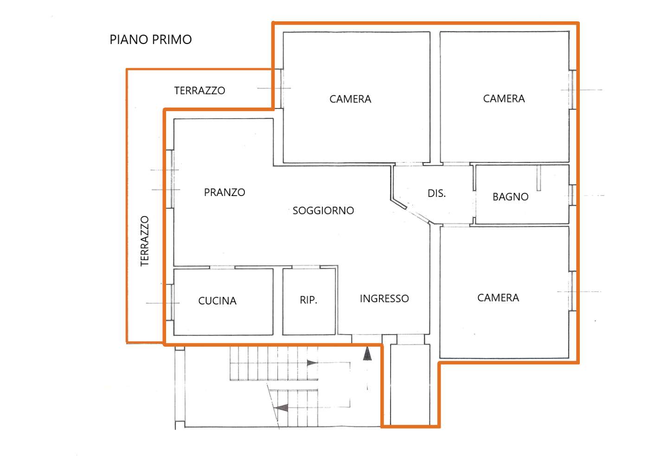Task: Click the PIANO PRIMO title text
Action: [151, 39]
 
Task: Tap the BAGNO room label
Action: [510, 197]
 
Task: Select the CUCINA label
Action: [217, 301]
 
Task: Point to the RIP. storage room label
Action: [308, 300]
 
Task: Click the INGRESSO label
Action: [384, 298]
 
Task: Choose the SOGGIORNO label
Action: [323, 210]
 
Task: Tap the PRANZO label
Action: [225, 192]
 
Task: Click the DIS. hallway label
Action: [437, 193]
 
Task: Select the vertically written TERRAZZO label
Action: [145, 241]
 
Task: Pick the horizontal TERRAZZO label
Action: [199, 90]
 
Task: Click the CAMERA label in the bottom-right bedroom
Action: [498, 298]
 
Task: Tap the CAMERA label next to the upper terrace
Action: [350, 99]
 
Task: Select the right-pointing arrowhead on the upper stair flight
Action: [312, 363]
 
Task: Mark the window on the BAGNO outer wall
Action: [572, 195]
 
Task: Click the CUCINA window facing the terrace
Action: [170, 302]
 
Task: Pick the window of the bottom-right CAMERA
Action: [572, 291]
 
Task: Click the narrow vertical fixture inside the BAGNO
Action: [539, 178]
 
